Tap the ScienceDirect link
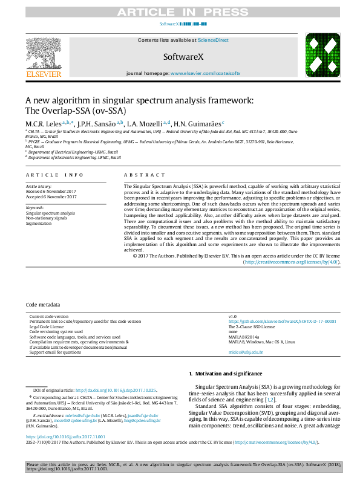(214, 40)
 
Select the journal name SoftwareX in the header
(180, 57)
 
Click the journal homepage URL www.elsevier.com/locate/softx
(205, 73)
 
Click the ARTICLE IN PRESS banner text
(180, 11)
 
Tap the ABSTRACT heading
(140, 175)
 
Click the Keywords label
(36, 207)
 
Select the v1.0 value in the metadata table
(232, 316)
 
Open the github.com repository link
(282, 321)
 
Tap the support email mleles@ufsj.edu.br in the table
(246, 351)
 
